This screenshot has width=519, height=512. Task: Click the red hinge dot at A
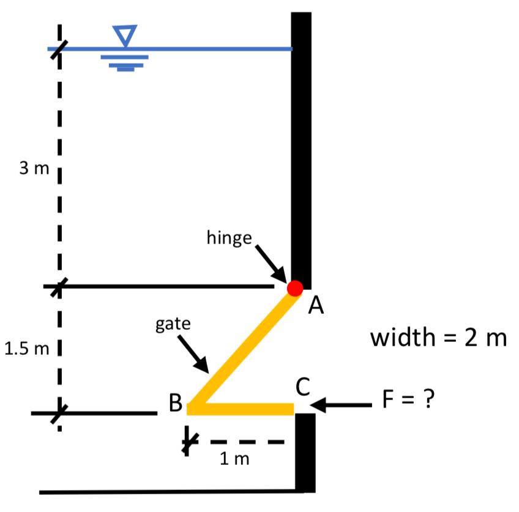(x=295, y=288)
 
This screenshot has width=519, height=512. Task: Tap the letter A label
(x=316, y=306)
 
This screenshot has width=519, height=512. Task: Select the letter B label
(x=175, y=403)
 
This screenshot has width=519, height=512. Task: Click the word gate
(x=173, y=324)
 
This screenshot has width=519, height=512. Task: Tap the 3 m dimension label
(x=33, y=168)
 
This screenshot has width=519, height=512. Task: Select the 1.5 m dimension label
(x=26, y=349)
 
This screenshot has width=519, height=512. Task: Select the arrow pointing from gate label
(x=195, y=354)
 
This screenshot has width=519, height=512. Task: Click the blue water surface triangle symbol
(x=125, y=34)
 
